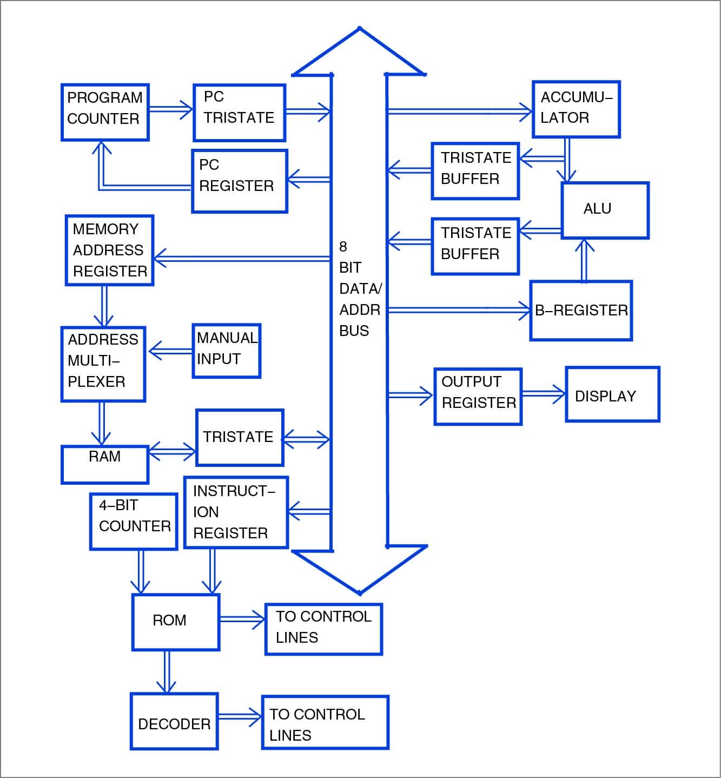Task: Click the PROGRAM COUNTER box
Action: tap(105, 113)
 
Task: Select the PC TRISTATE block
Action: tap(239, 113)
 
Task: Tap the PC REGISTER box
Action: tap(239, 181)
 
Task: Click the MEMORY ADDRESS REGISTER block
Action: tap(109, 250)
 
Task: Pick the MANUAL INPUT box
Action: tap(226, 351)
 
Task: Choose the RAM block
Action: tap(105, 464)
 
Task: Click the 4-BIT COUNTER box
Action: tap(133, 522)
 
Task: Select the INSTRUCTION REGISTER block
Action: tap(236, 512)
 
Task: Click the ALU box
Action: tap(605, 210)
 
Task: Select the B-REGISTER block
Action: tap(581, 311)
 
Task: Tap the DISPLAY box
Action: tap(612, 394)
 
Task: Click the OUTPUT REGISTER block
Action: tap(478, 397)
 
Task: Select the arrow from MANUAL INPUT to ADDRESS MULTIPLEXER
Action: tap(171, 351)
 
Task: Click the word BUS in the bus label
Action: tap(354, 331)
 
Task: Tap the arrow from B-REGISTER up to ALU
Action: tap(584, 260)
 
